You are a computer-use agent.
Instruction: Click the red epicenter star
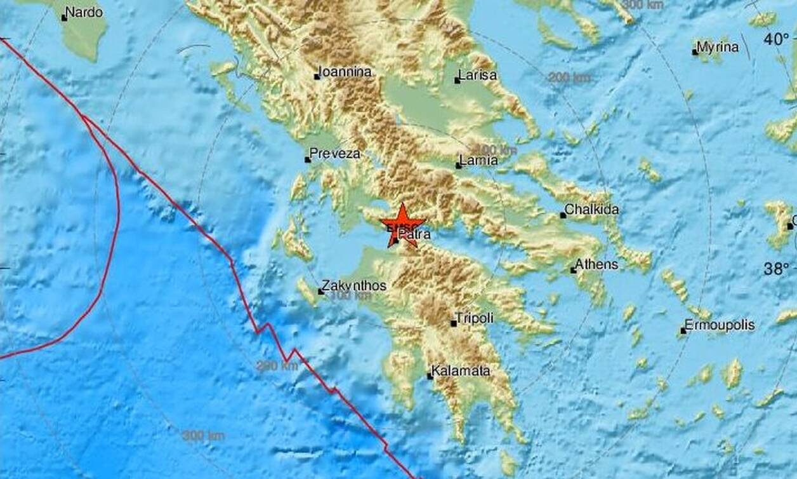[403, 224]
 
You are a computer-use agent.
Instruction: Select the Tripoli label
[476, 318]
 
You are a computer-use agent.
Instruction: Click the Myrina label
[718, 47]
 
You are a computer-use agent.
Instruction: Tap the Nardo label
[86, 12]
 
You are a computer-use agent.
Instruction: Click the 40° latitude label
[776, 40]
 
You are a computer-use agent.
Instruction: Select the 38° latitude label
[776, 269]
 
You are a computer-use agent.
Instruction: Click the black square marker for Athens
[573, 271]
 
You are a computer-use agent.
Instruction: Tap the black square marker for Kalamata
[430, 376]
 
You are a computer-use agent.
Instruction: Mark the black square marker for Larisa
[458, 81]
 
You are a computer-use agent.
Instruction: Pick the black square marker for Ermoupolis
[683, 330]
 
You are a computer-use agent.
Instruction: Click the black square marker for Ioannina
[317, 77]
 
